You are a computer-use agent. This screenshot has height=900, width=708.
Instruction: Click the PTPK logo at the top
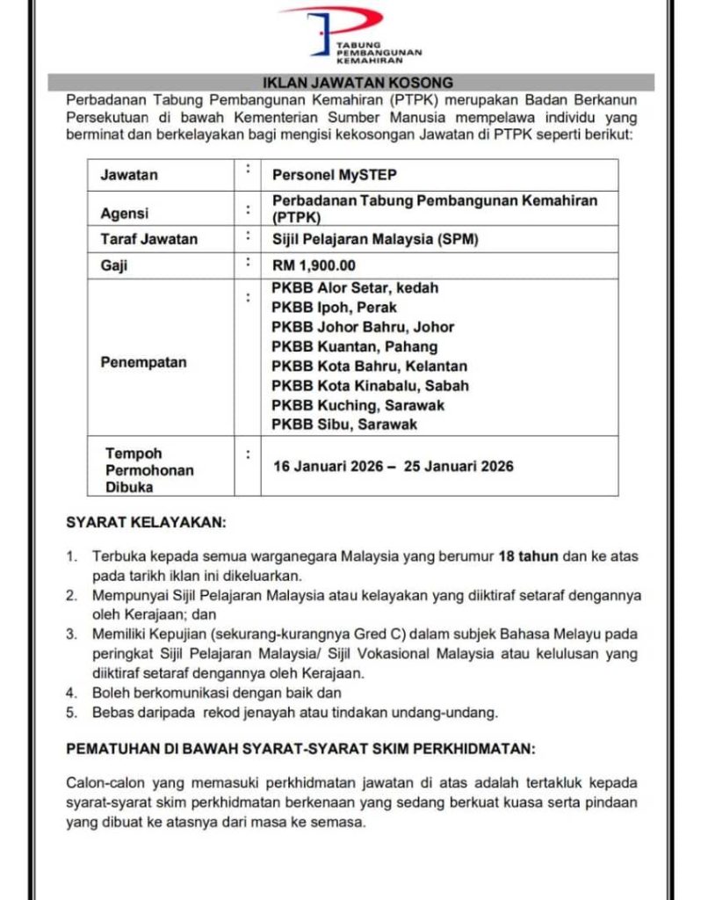(352, 35)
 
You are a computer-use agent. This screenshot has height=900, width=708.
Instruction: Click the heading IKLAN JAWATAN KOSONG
(352, 83)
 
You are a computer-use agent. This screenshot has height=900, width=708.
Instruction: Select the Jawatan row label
(129, 175)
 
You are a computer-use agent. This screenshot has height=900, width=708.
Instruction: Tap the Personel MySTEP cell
(324, 175)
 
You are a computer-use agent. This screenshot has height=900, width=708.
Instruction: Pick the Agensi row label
(125, 213)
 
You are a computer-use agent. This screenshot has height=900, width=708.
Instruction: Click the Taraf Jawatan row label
(148, 238)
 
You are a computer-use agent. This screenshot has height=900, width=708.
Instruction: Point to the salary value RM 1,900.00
(314, 264)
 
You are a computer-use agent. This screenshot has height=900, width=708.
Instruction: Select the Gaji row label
(114, 265)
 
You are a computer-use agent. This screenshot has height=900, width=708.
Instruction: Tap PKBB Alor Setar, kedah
(355, 287)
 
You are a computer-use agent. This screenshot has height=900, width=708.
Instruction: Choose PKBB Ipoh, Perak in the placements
(334, 307)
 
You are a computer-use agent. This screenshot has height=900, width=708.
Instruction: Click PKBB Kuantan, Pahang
(354, 346)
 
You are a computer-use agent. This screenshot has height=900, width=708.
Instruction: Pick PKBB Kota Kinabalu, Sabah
(370, 385)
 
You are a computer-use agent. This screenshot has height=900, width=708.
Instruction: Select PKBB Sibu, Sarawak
(344, 425)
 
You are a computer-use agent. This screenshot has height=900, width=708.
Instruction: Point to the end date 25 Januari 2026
(459, 466)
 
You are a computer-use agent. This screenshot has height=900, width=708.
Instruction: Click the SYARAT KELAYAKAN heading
(146, 522)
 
